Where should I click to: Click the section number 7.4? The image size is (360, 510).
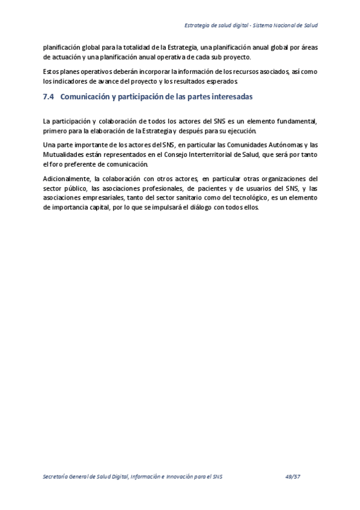(x=49, y=96)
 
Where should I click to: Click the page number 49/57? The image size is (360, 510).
(x=293, y=476)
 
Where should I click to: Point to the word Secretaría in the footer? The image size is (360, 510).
(x=58, y=476)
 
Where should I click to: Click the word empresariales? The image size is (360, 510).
(x=97, y=197)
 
